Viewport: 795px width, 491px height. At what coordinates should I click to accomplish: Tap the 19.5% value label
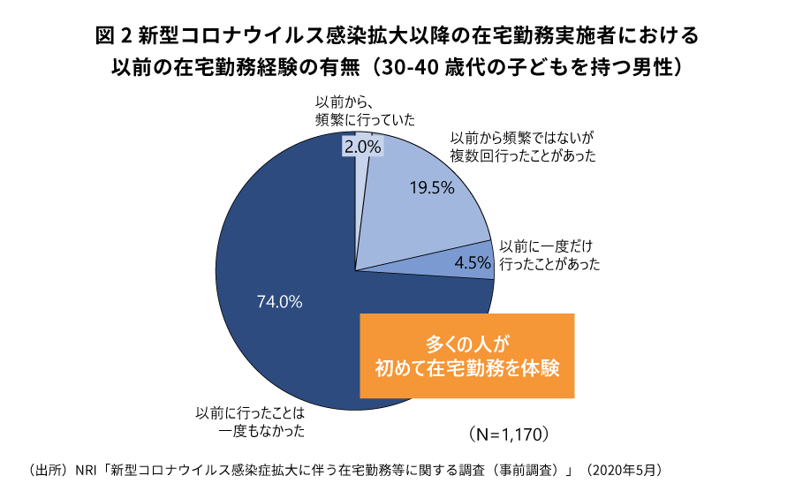pyautogui.click(x=432, y=187)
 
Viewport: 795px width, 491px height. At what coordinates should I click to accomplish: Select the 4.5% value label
pyautogui.click(x=472, y=262)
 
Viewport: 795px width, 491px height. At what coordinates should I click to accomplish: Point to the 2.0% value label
pyautogui.click(x=362, y=147)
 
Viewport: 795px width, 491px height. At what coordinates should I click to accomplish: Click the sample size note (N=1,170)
pyautogui.click(x=510, y=434)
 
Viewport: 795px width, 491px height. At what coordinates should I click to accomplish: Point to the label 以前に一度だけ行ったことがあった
pyautogui.click(x=549, y=255)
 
